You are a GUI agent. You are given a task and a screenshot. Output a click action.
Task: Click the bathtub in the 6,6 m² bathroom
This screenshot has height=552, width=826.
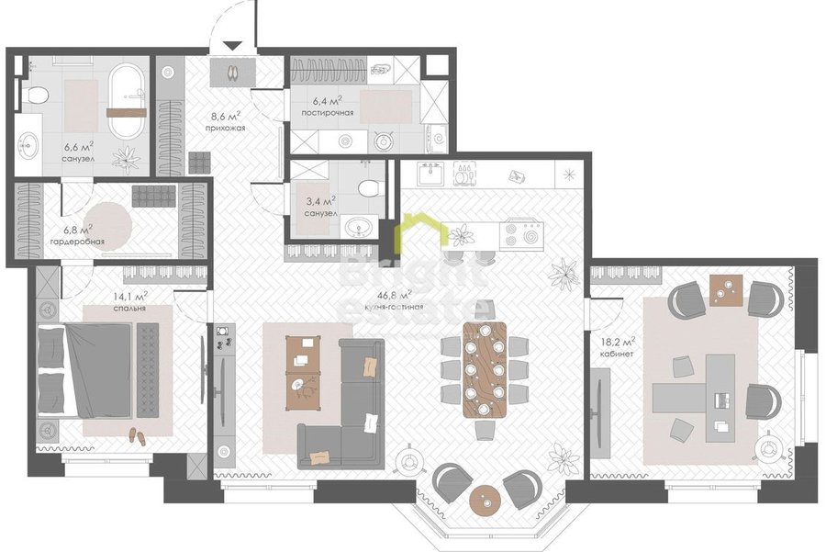pos(127,100)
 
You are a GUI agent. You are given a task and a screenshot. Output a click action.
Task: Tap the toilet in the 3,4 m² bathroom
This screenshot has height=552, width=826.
pos(371,187)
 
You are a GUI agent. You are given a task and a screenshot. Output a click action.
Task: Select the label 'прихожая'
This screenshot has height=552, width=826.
pos(225,128)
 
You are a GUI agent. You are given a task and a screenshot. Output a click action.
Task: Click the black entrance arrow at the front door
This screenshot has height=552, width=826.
pos(232,46)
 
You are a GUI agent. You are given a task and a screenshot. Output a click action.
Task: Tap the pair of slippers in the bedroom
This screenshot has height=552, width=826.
pos(138,435)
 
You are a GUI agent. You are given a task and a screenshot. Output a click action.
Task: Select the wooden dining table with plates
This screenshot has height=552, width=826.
pos(485,369)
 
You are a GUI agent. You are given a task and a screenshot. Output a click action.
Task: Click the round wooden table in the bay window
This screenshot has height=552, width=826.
pos(485,499)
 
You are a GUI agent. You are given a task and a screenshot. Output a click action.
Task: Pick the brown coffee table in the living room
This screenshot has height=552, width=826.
pos(303,373)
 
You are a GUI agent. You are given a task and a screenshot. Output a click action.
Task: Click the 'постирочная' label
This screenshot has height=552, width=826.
pos(328,113)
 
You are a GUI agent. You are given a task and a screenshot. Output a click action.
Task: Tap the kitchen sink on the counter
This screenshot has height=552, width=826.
pos(430,174)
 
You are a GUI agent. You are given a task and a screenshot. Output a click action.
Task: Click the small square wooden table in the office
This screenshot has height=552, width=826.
pos(726,290)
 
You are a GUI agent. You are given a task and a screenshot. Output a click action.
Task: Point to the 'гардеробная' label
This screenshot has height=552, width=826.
pos(77,242)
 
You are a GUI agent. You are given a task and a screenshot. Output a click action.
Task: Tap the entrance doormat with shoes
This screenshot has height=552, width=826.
pos(233,73)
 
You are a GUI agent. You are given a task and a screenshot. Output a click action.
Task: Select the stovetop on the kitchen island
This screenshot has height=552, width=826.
pos(522,233)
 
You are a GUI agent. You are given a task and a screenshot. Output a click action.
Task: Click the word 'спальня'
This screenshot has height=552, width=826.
pos(129,309)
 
